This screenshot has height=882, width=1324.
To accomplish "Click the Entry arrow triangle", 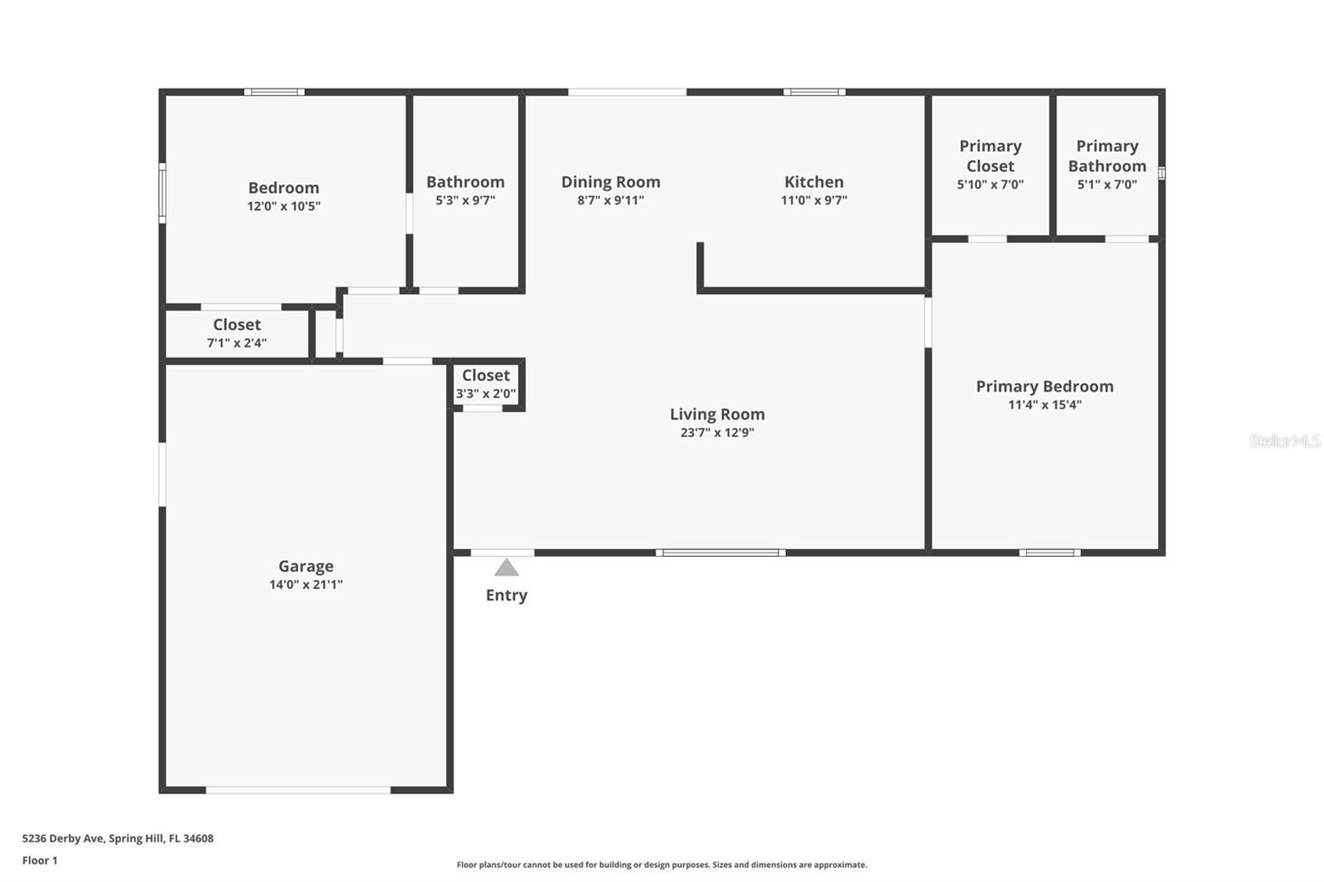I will tap(506, 568).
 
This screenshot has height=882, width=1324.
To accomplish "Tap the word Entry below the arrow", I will tap(506, 595).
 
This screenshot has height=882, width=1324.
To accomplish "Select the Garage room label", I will tap(305, 566).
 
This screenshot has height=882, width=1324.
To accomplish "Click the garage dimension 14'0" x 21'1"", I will tap(305, 584).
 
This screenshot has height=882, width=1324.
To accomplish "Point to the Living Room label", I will tap(717, 414).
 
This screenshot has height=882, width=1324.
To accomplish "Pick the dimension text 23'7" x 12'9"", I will tap(717, 432).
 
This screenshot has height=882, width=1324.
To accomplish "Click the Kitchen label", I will tap(813, 182).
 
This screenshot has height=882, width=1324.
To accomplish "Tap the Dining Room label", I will tap(611, 182).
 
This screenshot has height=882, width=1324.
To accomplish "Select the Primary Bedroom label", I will tap(1044, 386).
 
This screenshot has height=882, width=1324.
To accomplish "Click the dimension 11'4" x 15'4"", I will tap(1044, 405).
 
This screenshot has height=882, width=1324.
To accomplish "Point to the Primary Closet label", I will tap(990, 156).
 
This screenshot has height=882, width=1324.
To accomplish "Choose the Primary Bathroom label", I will tap(1106, 156).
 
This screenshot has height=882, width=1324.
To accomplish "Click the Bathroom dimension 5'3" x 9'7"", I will tap(465, 200).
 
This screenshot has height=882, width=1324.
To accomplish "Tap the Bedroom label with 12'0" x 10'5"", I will tap(283, 188).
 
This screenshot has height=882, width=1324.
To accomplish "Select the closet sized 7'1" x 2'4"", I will tap(237, 333).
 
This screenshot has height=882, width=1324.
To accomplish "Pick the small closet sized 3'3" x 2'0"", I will tap(486, 384).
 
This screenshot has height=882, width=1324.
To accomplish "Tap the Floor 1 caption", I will tap(40, 860).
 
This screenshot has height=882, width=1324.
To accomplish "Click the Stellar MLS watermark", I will tap(1284, 441).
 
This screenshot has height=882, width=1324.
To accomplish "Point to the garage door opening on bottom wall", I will tap(298, 790).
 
